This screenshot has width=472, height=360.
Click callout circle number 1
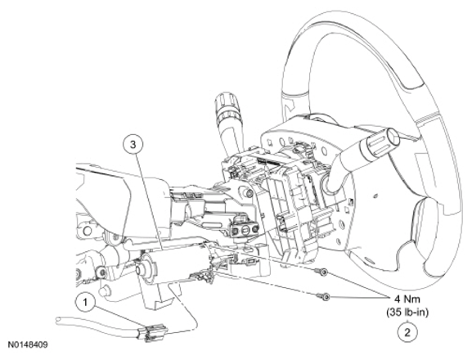click(x=86, y=302)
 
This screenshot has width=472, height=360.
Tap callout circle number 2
click(x=407, y=333)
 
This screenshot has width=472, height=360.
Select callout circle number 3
click(x=133, y=145)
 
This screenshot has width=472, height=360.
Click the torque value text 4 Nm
click(x=407, y=299)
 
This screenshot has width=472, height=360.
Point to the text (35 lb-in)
click(x=407, y=313)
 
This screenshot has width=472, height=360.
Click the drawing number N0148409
click(x=28, y=345)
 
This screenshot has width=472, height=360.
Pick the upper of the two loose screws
click(x=321, y=272)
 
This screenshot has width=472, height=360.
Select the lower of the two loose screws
click(x=324, y=297)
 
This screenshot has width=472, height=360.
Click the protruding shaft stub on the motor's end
click(x=142, y=268)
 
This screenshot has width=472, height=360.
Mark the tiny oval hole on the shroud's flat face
click(x=375, y=196)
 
